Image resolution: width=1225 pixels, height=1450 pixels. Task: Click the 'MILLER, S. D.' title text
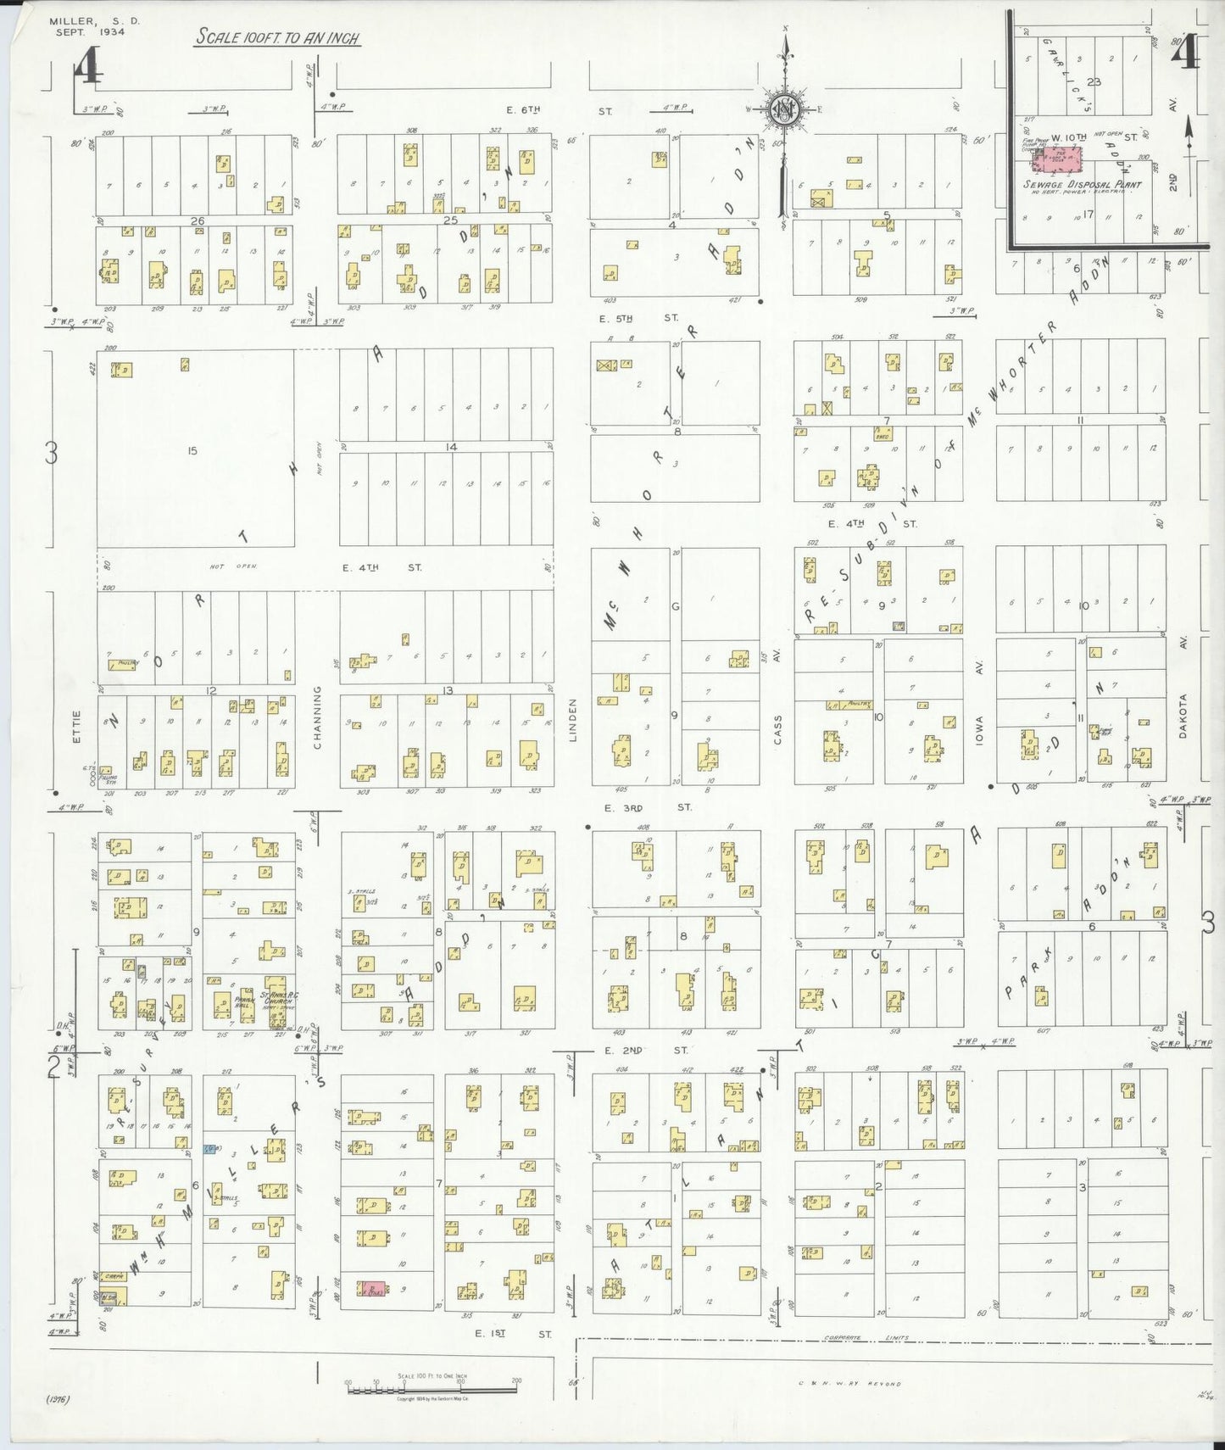coord(83,21)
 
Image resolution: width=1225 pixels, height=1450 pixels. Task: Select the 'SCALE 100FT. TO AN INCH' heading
coord(276,38)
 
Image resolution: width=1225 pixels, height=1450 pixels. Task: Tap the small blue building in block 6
coord(211,1149)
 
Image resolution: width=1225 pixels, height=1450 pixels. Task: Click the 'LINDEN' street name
coord(572,721)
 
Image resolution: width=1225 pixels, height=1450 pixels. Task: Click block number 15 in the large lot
coord(192,451)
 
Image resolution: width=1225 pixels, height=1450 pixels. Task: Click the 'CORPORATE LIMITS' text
coord(865,1340)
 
